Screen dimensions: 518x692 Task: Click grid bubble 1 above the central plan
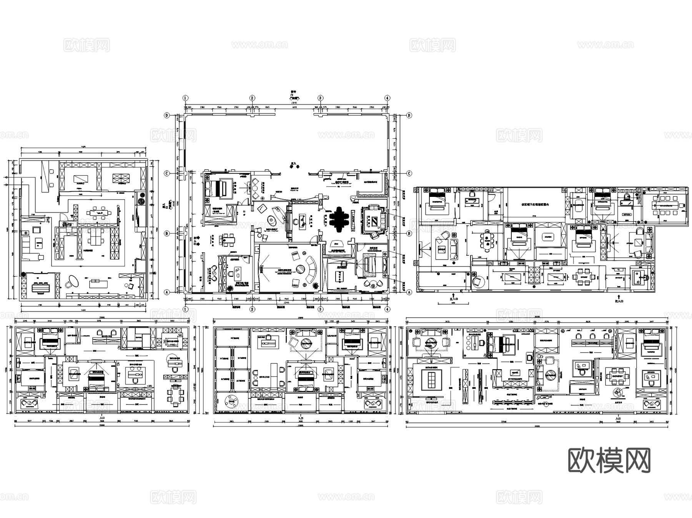(185, 98)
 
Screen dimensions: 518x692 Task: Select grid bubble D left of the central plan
(167, 115)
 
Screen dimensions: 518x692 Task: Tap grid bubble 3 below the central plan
(320, 309)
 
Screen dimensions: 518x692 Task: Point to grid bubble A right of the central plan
(409, 292)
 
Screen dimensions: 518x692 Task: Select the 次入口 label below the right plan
(619, 301)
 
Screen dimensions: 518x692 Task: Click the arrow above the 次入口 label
(619, 296)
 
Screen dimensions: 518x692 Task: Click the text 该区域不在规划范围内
(535, 205)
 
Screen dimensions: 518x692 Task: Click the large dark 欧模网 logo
(609, 460)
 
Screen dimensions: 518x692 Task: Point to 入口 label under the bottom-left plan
(102, 417)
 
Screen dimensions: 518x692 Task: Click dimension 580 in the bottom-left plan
(180, 335)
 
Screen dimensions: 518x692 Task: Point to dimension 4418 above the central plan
(294, 107)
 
